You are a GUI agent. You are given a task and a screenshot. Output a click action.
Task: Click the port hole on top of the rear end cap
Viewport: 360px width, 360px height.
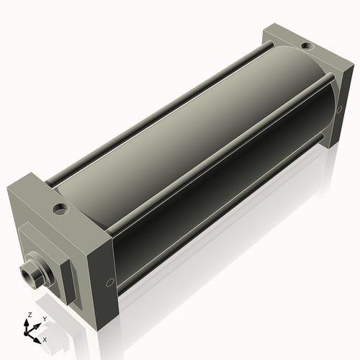[307, 46]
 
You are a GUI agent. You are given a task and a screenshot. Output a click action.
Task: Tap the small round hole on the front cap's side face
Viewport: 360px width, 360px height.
[109, 282]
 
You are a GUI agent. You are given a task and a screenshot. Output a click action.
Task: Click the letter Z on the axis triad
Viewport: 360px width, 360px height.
[27, 315]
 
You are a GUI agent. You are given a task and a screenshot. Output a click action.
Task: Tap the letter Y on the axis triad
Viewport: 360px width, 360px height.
[44, 318]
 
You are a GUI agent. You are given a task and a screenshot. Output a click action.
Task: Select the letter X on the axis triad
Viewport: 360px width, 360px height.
[45, 338]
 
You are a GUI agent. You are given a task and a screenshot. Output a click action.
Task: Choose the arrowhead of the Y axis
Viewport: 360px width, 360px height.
[38, 323]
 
